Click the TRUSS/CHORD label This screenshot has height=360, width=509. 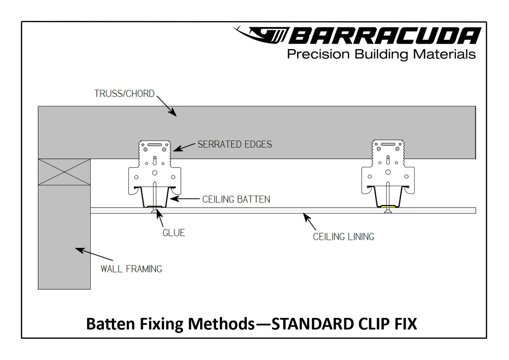click(x=124, y=94)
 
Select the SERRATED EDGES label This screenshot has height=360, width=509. click(x=234, y=145)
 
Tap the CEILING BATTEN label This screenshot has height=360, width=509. click(x=236, y=199)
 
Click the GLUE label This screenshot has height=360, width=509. click(x=173, y=233)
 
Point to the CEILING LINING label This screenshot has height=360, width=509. click(x=343, y=237)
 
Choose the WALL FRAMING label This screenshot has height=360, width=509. click(x=131, y=269)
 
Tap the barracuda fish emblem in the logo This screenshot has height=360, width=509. click(x=261, y=35)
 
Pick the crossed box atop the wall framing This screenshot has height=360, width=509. click(x=64, y=172)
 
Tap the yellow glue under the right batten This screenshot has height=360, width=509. click(x=388, y=206)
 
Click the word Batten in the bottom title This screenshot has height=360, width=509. click(x=111, y=324)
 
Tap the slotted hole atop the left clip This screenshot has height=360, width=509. click(x=155, y=145)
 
